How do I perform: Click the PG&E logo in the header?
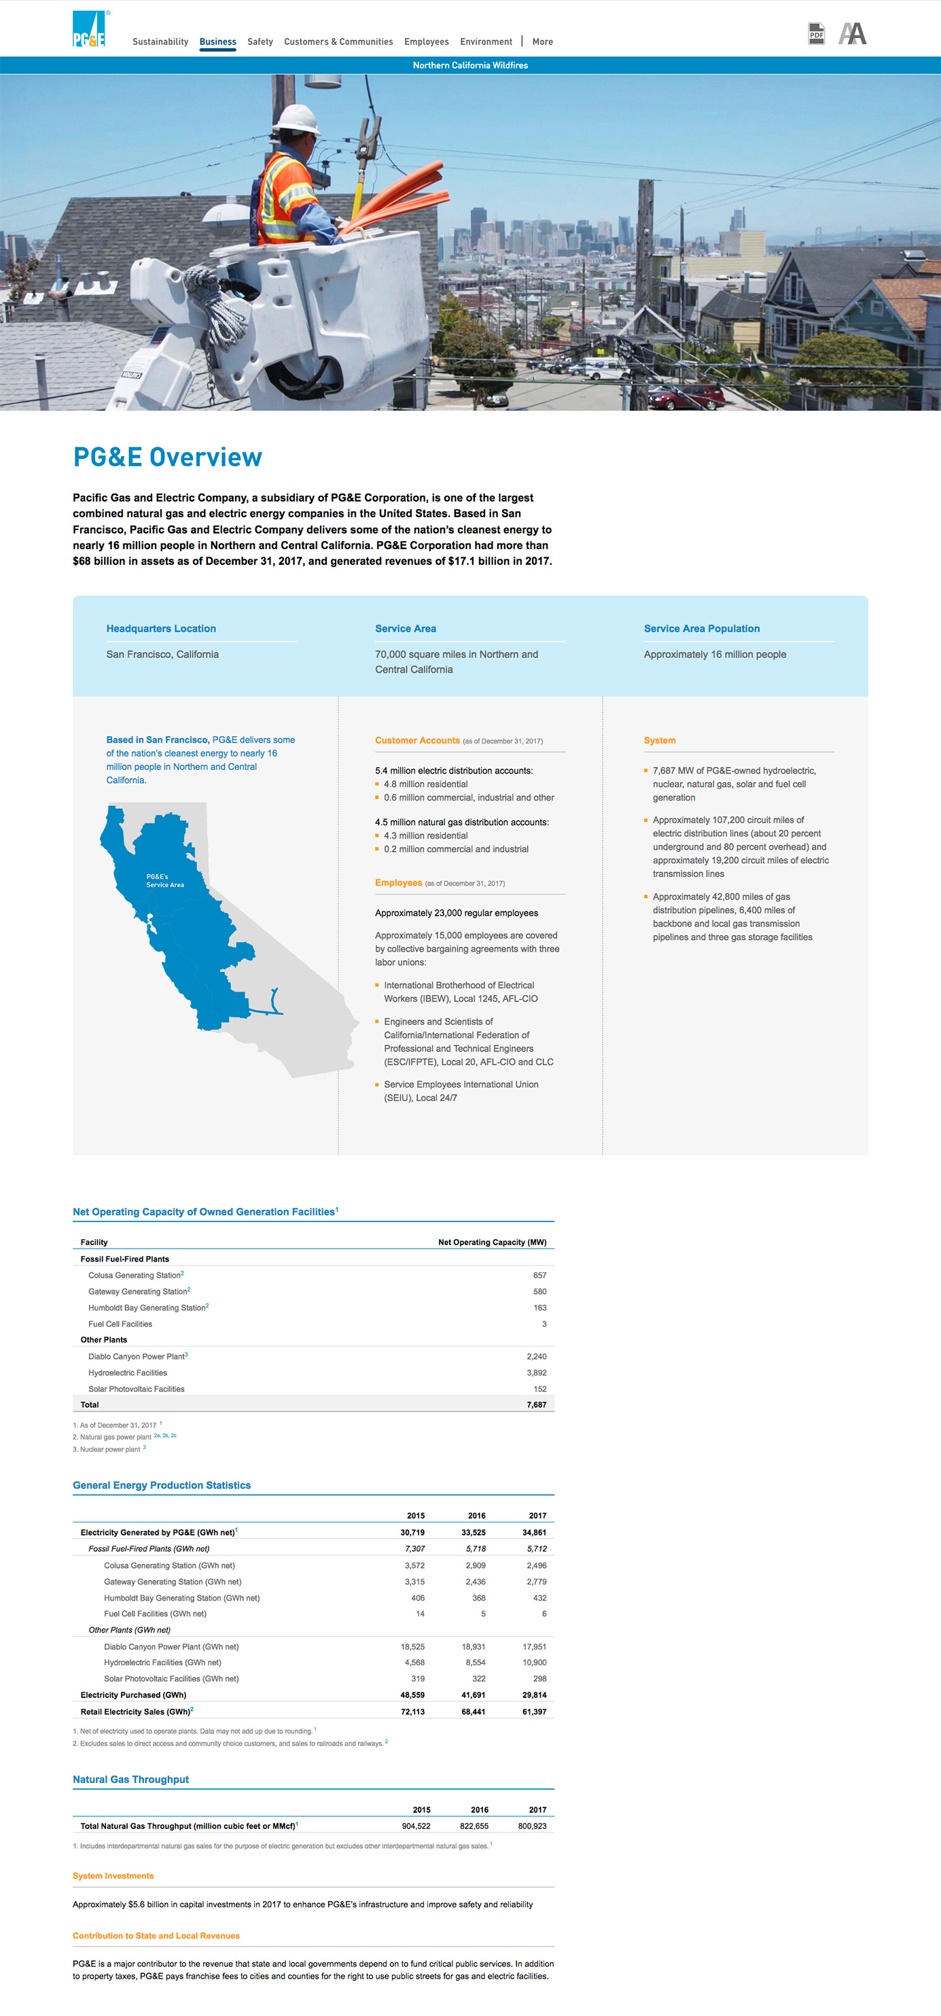pyautogui.click(x=89, y=29)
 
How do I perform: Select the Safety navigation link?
pyautogui.click(x=260, y=41)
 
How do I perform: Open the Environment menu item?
pyautogui.click(x=486, y=41)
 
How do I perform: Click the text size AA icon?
pyautogui.click(x=852, y=34)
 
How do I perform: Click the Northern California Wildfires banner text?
pyautogui.click(x=470, y=66)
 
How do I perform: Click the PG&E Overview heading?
pyautogui.click(x=167, y=457)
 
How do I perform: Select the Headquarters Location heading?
pyautogui.click(x=161, y=629)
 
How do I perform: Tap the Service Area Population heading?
pyautogui.click(x=702, y=629)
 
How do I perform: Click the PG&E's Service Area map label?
pyautogui.click(x=164, y=880)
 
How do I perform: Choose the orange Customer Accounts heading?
pyautogui.click(x=417, y=740)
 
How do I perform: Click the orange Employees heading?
pyautogui.click(x=398, y=883)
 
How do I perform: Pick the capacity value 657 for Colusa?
pyautogui.click(x=539, y=1275)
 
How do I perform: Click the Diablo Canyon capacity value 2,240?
pyautogui.click(x=536, y=1356)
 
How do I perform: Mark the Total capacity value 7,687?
pyautogui.click(x=536, y=1405)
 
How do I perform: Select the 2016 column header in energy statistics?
pyautogui.click(x=476, y=1515)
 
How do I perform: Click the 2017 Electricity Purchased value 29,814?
pyautogui.click(x=534, y=1695)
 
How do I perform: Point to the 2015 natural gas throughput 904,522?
pyautogui.click(x=415, y=1826)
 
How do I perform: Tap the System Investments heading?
pyautogui.click(x=113, y=1876)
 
